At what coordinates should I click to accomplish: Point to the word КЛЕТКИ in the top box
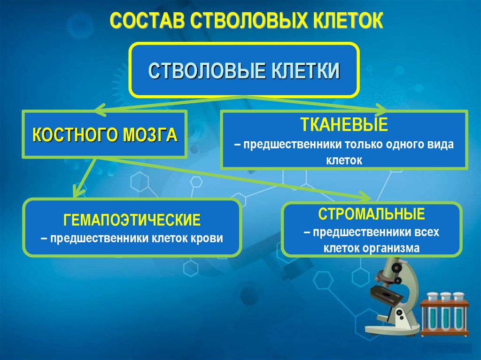(x=305, y=71)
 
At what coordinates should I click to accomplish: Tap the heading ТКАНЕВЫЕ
(x=344, y=125)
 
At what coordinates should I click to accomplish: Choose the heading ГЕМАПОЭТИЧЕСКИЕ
(x=132, y=219)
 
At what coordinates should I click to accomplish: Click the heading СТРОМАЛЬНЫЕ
(x=372, y=214)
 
